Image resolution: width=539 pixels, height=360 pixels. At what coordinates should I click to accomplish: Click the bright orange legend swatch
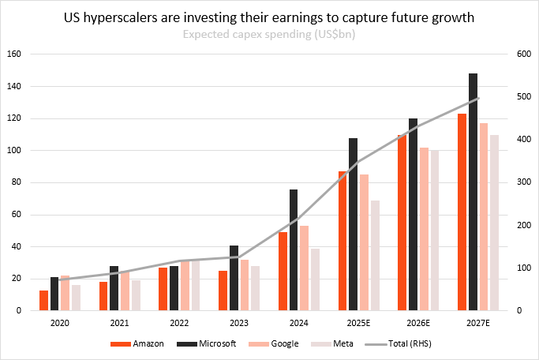[x=121, y=344]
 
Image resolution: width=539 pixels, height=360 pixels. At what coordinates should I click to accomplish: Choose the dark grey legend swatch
[x=186, y=344]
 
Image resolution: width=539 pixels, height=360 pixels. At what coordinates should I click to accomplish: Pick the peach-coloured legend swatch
[x=259, y=344]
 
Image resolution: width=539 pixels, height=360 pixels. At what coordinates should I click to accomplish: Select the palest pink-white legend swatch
[x=320, y=344]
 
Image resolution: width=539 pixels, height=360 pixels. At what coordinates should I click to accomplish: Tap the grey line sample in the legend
[x=376, y=344]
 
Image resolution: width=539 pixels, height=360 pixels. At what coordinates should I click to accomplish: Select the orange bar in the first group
[x=44, y=301]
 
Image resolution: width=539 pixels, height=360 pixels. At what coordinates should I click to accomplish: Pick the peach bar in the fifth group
[x=304, y=268]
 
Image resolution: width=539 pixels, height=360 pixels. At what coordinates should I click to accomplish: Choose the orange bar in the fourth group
[x=223, y=291]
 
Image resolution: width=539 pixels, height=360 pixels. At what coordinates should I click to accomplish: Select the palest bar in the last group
[x=494, y=223]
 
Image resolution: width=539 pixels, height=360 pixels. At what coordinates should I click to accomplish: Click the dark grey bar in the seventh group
[x=413, y=214]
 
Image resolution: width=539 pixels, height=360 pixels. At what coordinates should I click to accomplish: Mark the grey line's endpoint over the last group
[x=478, y=99]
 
